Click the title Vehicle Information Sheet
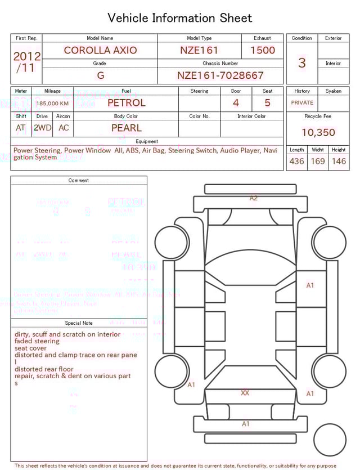(179, 18)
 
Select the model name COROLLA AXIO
(100, 50)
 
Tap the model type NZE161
(199, 50)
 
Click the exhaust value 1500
(262, 50)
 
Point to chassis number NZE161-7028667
(220, 75)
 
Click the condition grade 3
(301, 62)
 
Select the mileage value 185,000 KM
(52, 104)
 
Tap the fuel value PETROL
(126, 103)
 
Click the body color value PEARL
(126, 128)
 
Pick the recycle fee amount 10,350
(318, 133)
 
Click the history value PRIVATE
(302, 103)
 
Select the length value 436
(296, 162)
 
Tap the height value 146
(339, 162)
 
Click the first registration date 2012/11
(26, 62)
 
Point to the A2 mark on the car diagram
(254, 198)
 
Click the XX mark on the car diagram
(245, 393)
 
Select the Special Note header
(79, 323)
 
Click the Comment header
(79, 181)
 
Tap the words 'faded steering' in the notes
(37, 341)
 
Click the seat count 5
(267, 103)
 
